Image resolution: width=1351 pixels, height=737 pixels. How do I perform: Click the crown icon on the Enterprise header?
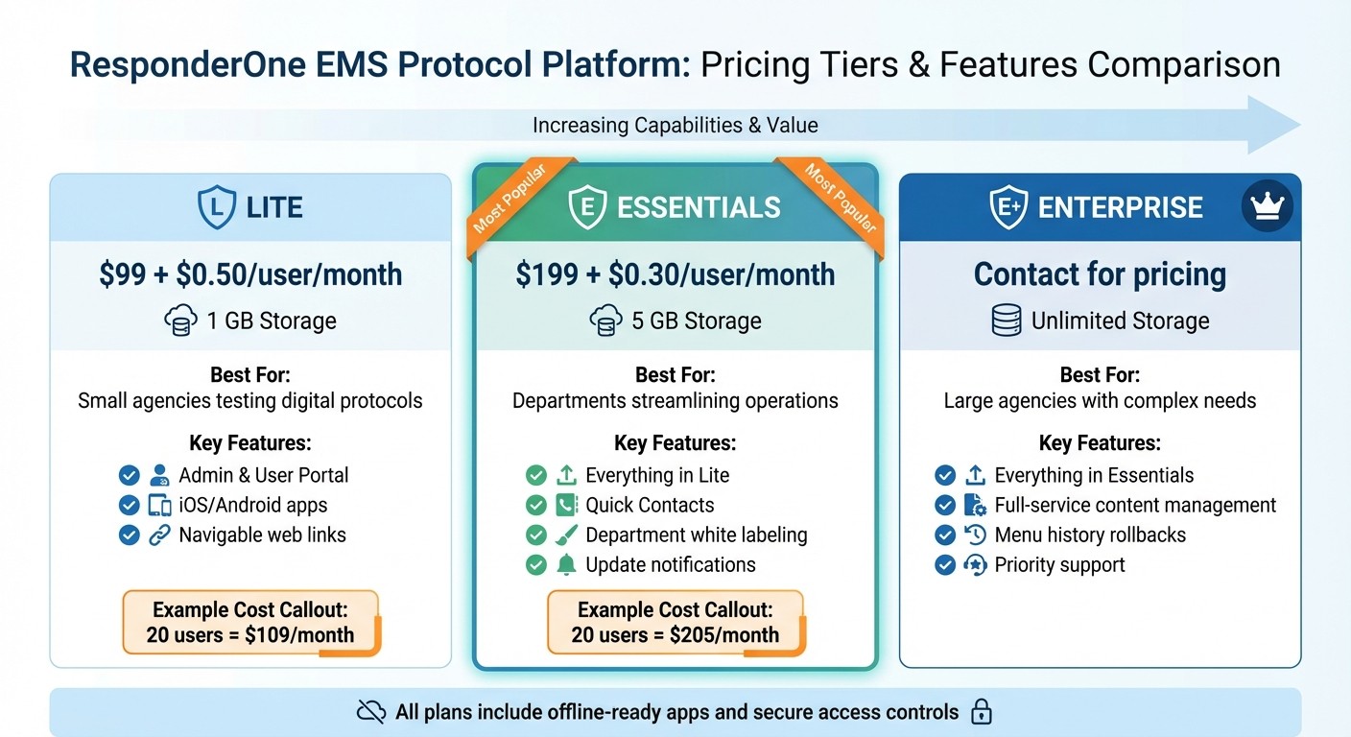pyautogui.click(x=1267, y=206)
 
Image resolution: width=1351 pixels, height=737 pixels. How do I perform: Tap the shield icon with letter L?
pyautogui.click(x=217, y=207)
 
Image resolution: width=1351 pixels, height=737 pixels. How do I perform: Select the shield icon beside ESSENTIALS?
pyautogui.click(x=587, y=207)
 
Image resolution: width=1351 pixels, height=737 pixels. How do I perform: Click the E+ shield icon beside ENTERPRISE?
pyautogui.click(x=1008, y=207)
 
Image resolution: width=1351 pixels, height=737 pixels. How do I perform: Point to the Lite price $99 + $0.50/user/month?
pyautogui.click(x=250, y=274)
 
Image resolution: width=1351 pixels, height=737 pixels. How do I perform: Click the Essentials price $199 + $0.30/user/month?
pyautogui.click(x=675, y=274)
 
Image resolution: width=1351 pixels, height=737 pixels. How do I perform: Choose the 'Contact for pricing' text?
pyautogui.click(x=1100, y=274)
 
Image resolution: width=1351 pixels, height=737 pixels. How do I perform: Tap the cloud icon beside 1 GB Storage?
pyautogui.click(x=181, y=321)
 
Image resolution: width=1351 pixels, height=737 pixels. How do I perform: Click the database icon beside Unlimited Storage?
pyautogui.click(x=1006, y=321)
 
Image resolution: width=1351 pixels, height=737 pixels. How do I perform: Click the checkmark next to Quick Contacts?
pyautogui.click(x=536, y=506)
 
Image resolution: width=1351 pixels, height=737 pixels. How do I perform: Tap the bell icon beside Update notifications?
pyautogui.click(x=566, y=565)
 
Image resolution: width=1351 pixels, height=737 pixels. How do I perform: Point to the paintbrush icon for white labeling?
pyautogui.click(x=566, y=535)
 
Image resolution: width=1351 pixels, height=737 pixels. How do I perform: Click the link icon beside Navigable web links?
pyautogui.click(x=159, y=535)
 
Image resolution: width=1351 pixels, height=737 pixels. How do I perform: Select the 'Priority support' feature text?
pyautogui.click(x=1059, y=565)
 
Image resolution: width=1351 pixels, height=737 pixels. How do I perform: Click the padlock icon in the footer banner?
pyautogui.click(x=981, y=712)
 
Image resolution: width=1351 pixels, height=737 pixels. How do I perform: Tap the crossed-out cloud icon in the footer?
pyautogui.click(x=370, y=712)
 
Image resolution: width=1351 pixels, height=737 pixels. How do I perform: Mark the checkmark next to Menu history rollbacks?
pyautogui.click(x=945, y=535)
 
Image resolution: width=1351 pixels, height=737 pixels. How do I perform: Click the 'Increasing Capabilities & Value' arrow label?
pyautogui.click(x=675, y=126)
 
